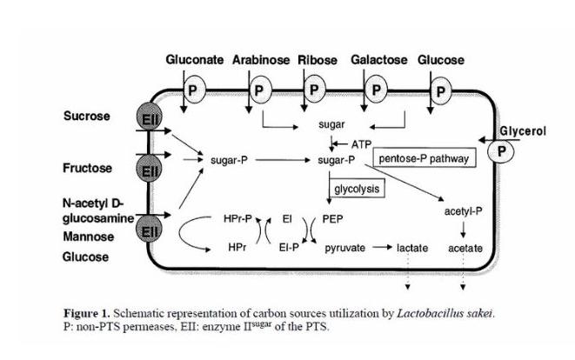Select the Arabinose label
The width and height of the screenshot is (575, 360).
(x=261, y=60)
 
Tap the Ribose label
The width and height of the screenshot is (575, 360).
(x=319, y=60)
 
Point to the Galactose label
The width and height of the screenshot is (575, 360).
(x=379, y=60)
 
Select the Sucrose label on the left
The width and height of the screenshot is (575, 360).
(x=86, y=115)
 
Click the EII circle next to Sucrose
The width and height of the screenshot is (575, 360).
(x=147, y=120)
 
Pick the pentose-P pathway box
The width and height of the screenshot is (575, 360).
(x=423, y=159)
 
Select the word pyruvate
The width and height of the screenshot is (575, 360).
(x=344, y=248)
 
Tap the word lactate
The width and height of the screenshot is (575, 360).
(x=413, y=248)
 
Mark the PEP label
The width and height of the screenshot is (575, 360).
(x=332, y=221)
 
